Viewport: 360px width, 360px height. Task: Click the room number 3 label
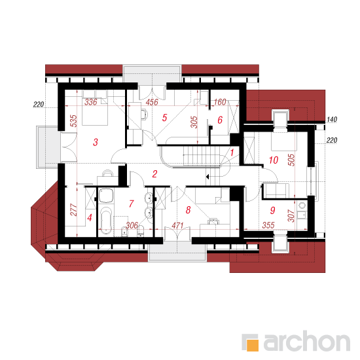(x=96, y=142)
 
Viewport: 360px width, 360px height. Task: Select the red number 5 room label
(x=164, y=118)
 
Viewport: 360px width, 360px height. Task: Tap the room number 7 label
(x=132, y=204)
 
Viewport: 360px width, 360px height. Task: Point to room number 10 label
(x=274, y=160)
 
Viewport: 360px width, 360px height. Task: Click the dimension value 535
(x=74, y=121)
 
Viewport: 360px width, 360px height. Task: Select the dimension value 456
(x=152, y=102)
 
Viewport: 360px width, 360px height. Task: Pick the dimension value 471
(x=177, y=225)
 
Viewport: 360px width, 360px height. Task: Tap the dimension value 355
(x=268, y=225)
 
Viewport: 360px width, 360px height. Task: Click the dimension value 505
(x=291, y=160)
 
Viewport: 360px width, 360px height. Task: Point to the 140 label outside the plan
(x=332, y=119)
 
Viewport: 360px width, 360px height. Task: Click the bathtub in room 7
(x=105, y=220)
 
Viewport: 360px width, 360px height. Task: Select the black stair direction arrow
(x=207, y=177)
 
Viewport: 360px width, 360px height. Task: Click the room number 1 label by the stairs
(x=232, y=153)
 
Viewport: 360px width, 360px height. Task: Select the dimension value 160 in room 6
(x=220, y=102)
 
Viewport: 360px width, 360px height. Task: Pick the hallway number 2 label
(x=154, y=174)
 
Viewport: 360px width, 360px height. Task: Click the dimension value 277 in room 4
(x=74, y=209)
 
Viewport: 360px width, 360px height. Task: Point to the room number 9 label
(x=273, y=210)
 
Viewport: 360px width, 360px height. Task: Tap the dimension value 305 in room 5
(x=194, y=122)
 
